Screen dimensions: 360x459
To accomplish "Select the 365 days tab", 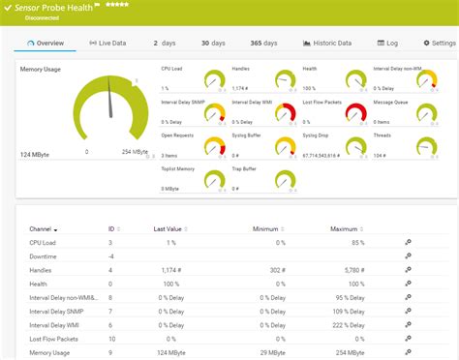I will click(262, 44).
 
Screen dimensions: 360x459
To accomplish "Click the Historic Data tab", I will click(327, 44).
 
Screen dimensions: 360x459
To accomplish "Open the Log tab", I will click(387, 44).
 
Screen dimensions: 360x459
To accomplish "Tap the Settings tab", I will click(437, 44).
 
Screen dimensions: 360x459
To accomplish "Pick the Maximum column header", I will click(345, 228).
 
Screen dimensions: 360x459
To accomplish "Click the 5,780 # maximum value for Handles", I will click(348, 269).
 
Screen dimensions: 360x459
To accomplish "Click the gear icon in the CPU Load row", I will click(408, 242).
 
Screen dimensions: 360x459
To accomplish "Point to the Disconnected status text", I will click(42, 17).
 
